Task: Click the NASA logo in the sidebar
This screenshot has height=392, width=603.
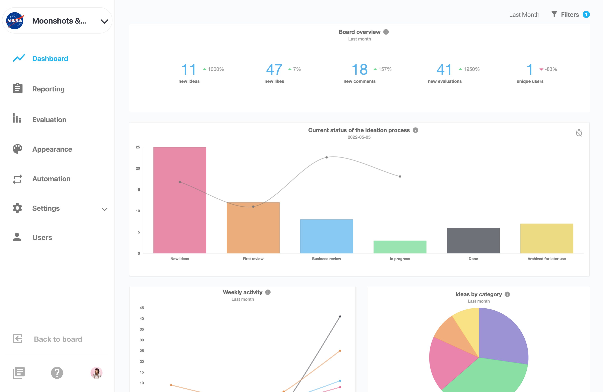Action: coord(15,21)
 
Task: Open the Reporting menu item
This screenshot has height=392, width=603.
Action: coord(48,89)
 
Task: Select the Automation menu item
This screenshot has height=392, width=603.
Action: coord(51,179)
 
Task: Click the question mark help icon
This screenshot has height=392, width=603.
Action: coord(57,373)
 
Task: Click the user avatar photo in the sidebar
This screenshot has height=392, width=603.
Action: coord(96,373)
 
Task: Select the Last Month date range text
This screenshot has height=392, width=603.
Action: coord(524,15)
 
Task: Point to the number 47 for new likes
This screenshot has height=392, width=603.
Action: coord(274,69)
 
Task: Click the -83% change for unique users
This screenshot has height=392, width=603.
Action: coord(551,69)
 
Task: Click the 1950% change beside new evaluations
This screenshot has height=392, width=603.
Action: coord(471,69)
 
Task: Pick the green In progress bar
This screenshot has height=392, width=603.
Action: coord(400,247)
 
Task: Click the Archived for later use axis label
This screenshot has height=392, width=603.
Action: coord(547,259)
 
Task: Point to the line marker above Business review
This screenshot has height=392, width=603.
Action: coord(327,157)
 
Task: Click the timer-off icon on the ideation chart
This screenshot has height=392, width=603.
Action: coord(579,133)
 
